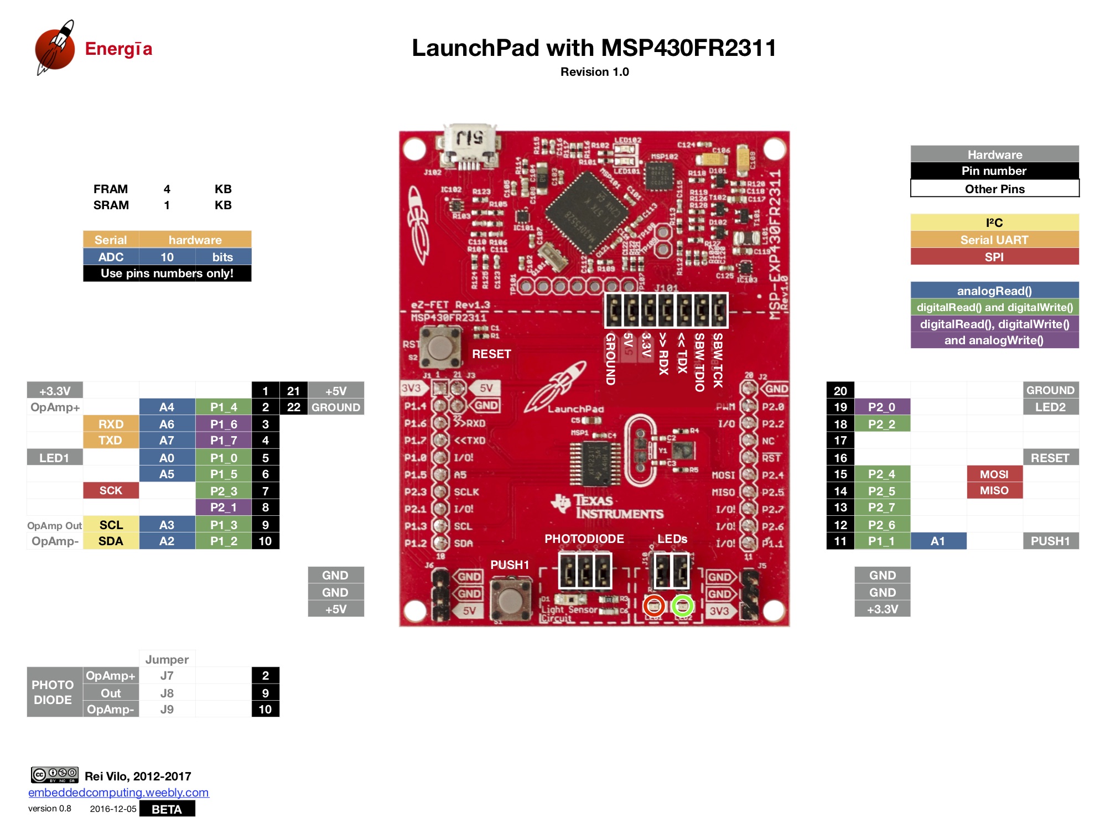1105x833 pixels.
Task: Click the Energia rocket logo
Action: tap(55, 48)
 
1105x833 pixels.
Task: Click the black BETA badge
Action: tap(167, 809)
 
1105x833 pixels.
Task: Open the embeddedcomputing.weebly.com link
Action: tap(118, 792)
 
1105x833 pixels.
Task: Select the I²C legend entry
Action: tap(994, 223)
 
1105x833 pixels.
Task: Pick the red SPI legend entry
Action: tap(994, 257)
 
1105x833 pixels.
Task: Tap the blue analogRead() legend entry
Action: tap(994, 291)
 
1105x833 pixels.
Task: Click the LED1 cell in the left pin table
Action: tap(54, 458)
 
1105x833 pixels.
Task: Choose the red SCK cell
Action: tap(111, 490)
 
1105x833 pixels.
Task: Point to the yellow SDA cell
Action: tap(111, 541)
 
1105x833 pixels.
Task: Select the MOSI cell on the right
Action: tap(994, 474)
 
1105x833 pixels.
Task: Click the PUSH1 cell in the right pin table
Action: tap(1050, 541)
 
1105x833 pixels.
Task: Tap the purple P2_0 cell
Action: tap(881, 407)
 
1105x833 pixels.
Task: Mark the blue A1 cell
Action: tap(937, 541)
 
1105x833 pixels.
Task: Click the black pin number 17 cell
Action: tap(840, 441)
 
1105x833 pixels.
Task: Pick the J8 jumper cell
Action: tap(167, 693)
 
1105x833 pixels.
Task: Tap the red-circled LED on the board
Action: tap(653, 606)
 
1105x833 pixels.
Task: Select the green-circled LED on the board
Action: tap(682, 606)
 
